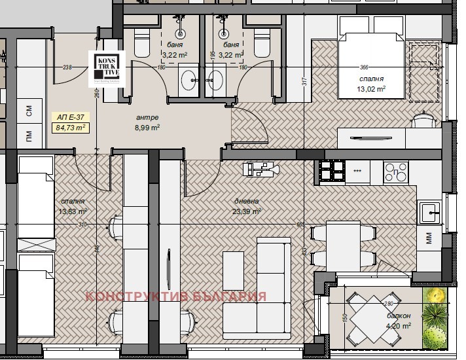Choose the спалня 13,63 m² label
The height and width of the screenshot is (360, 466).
point(72,206)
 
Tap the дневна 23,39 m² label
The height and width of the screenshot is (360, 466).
point(247,206)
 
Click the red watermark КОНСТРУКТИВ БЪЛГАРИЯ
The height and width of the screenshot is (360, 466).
point(176,297)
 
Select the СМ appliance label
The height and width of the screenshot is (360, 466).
point(29,111)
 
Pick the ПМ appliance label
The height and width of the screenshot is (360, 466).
point(29,136)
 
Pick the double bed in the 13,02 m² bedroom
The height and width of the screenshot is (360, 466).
point(370,56)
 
